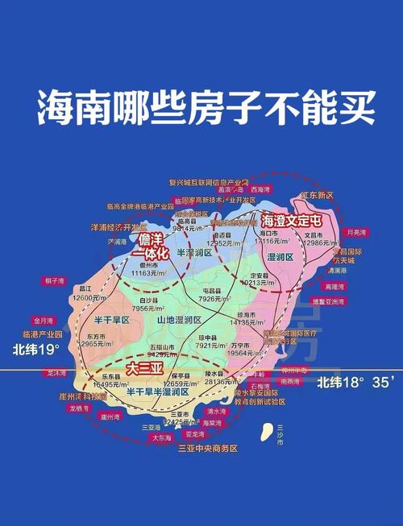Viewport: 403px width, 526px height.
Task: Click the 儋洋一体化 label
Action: coord(150,246)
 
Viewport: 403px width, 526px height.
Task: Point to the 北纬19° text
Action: coord(36,350)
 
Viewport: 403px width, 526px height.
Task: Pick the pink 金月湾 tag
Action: coord(44,319)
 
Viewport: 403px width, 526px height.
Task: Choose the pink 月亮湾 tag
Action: coord(355,232)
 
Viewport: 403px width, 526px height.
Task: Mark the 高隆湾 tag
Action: coord(333,286)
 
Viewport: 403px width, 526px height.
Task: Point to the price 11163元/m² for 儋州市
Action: coord(149,273)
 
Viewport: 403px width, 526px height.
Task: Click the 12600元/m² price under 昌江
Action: coord(85,297)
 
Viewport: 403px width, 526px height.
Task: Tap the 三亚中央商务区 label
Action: coord(207,448)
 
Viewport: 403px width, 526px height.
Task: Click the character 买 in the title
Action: coord(354,108)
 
